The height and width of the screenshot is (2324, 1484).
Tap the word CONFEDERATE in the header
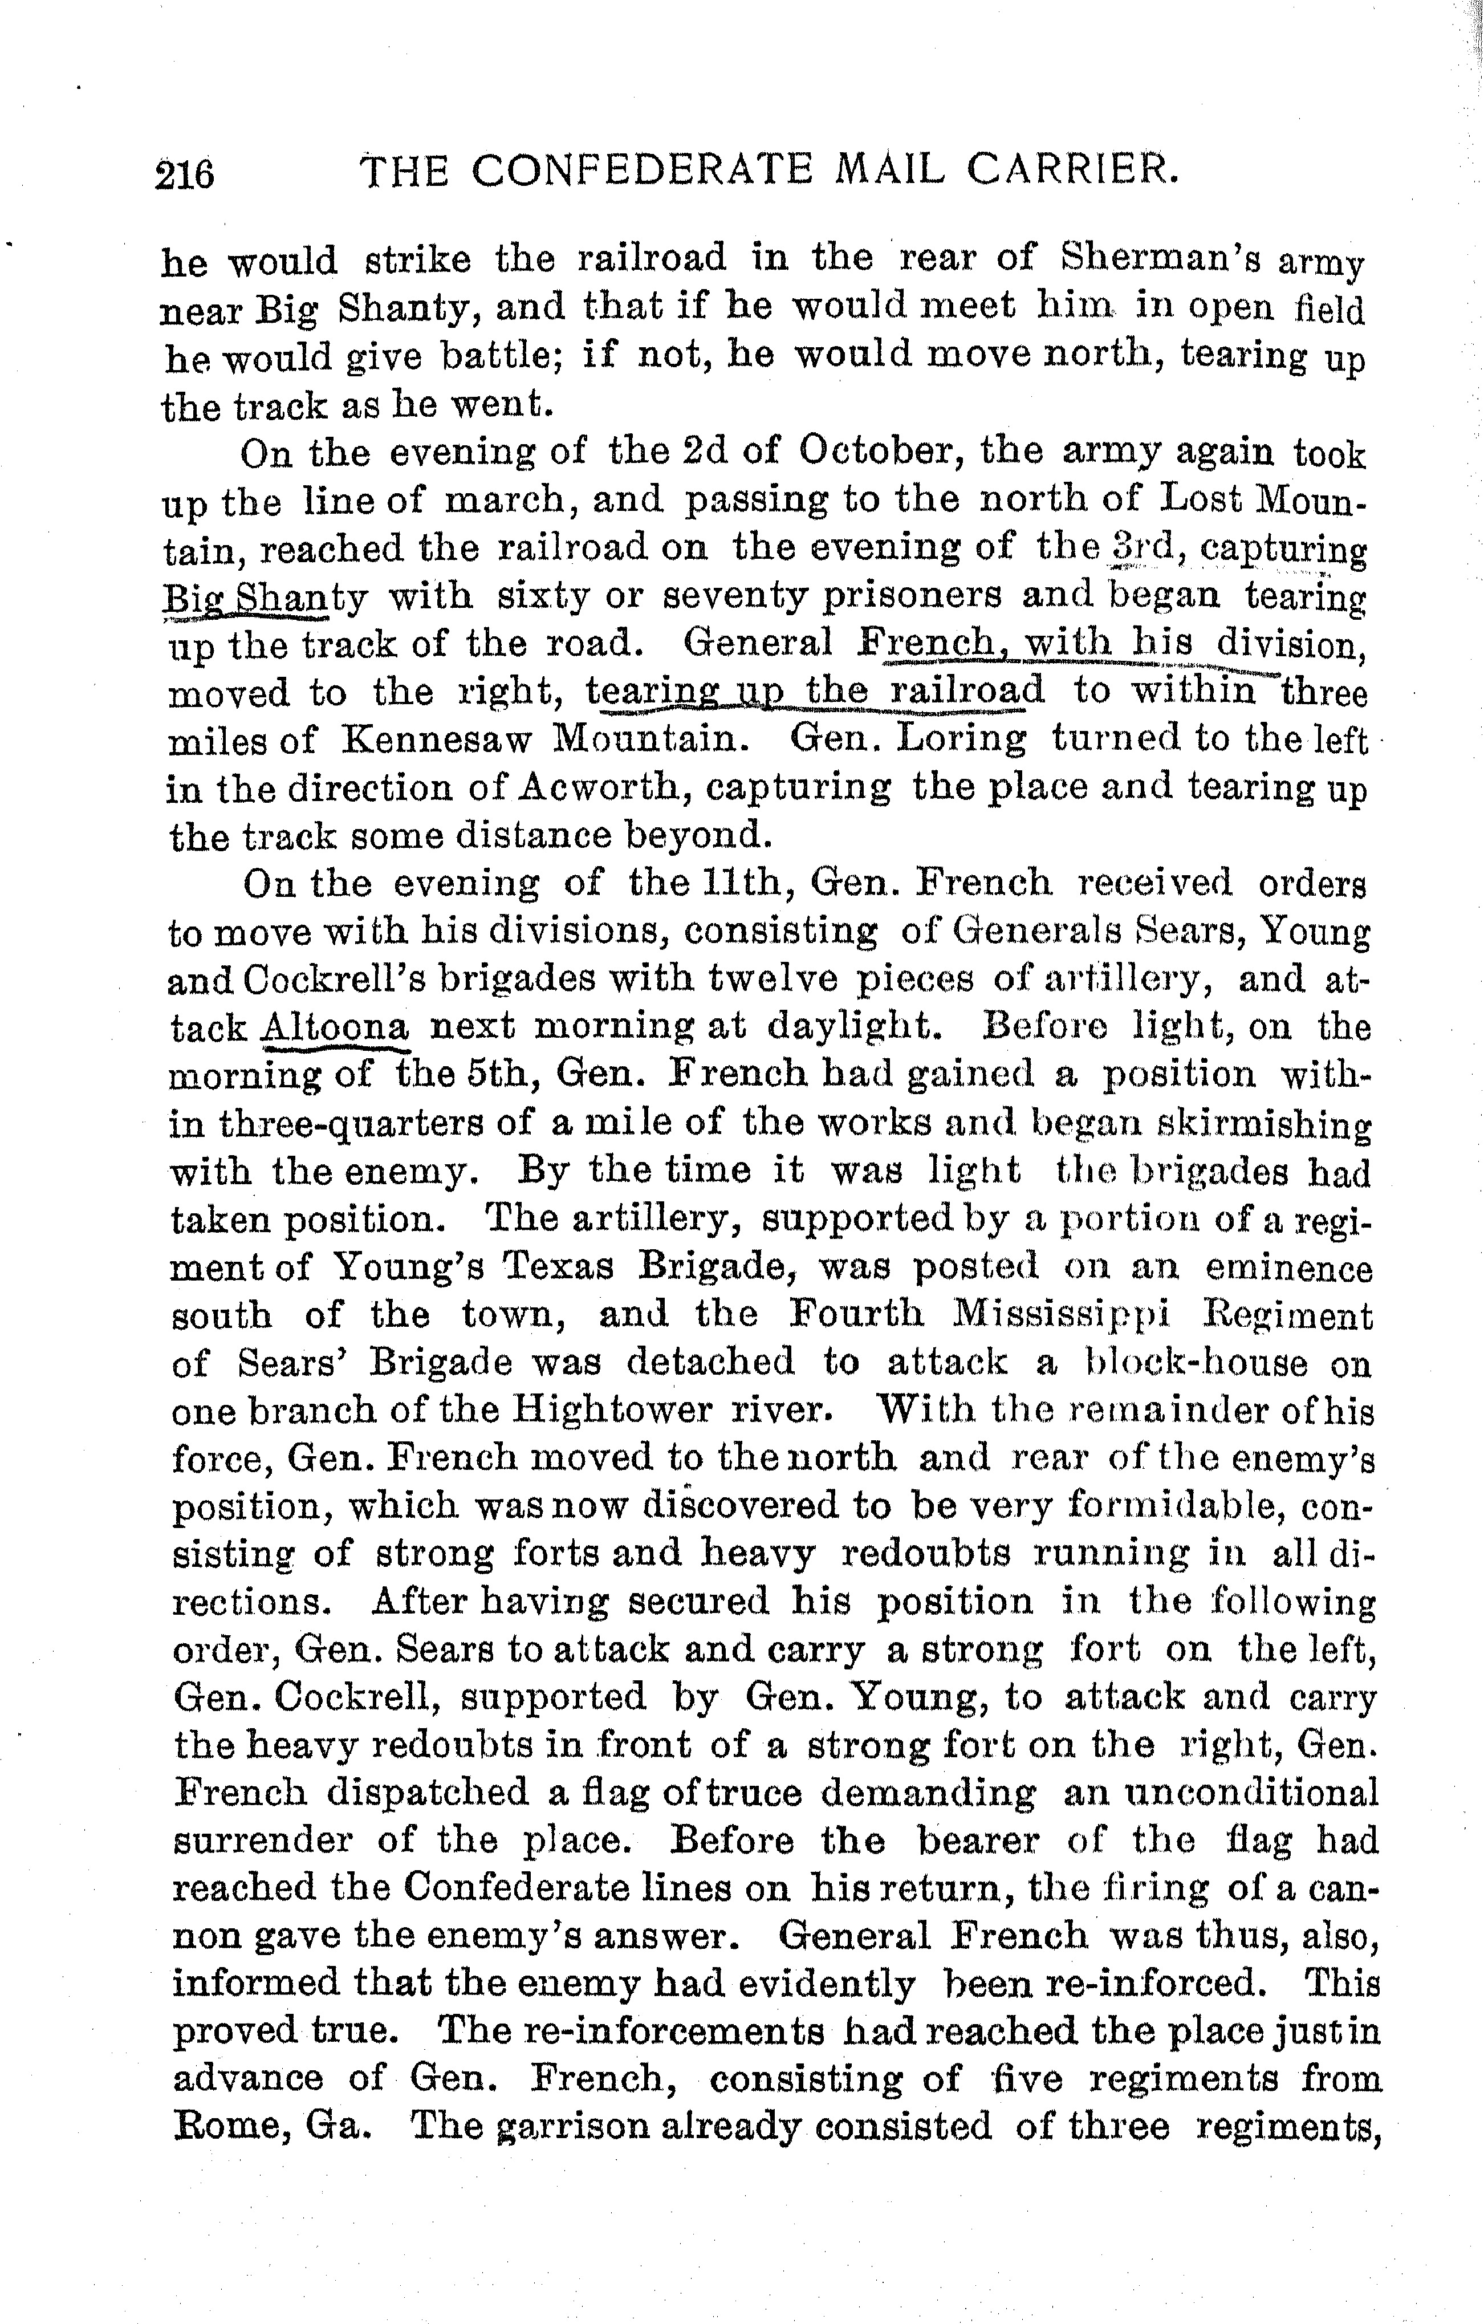(x=641, y=171)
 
